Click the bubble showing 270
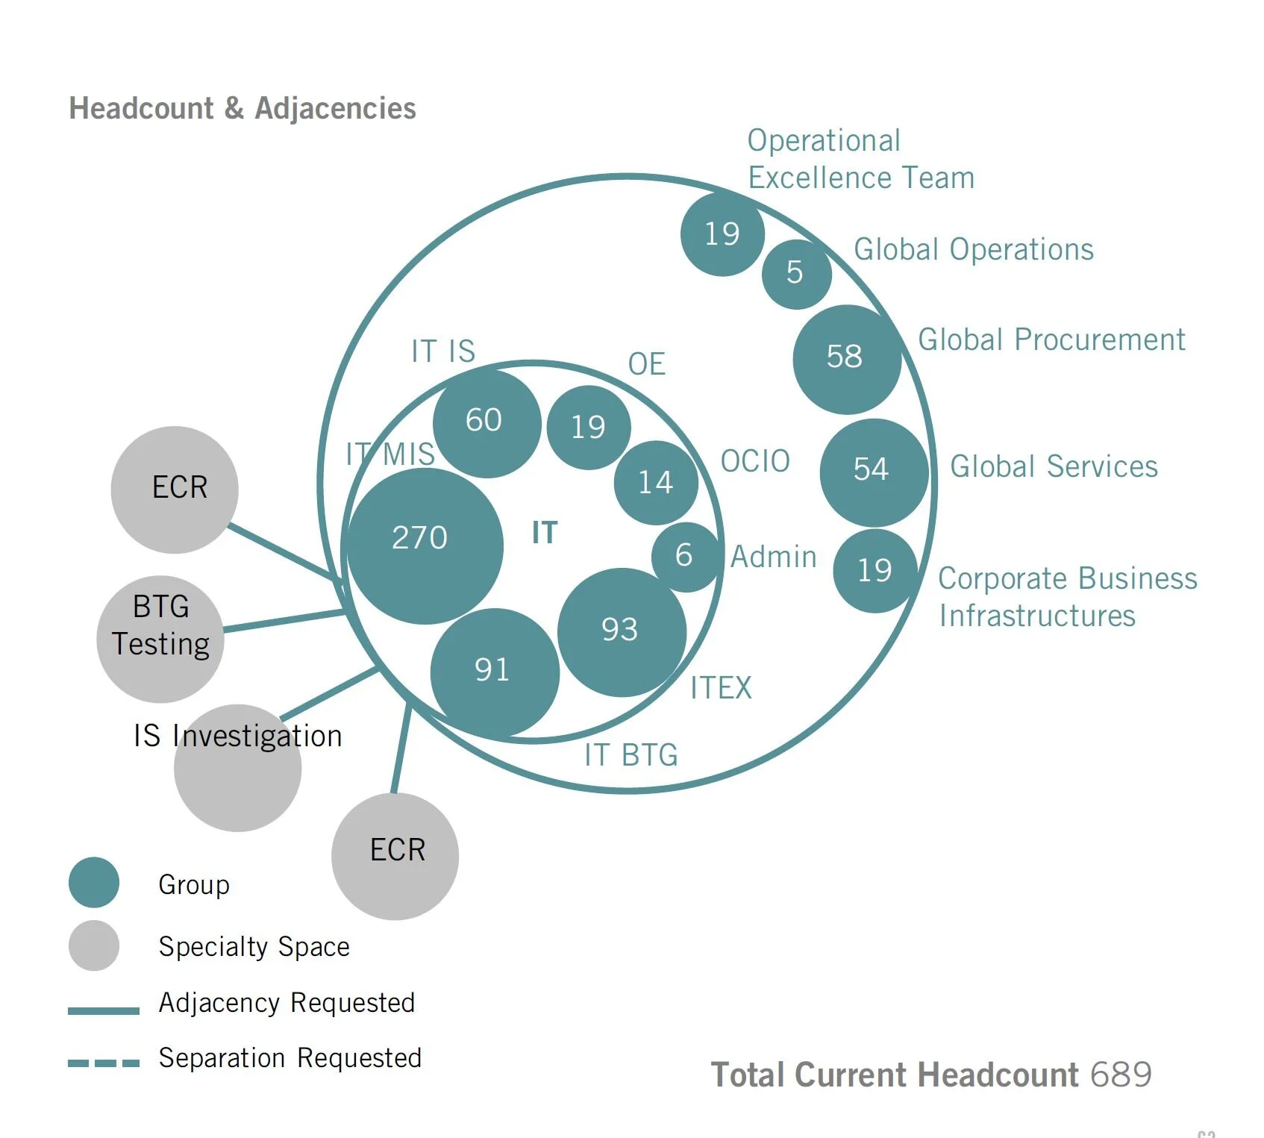pyautogui.click(x=425, y=545)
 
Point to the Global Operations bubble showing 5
pyautogui.click(x=796, y=274)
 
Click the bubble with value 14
pyautogui.click(x=656, y=483)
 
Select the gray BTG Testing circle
pyautogui.click(x=160, y=639)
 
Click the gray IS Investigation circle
pyautogui.click(x=237, y=769)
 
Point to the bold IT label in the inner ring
pyautogui.click(x=545, y=533)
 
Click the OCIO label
pyautogui.click(x=755, y=461)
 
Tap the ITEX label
pyautogui.click(x=721, y=688)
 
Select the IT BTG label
pyautogui.click(x=631, y=755)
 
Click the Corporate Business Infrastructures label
pyautogui.click(x=1067, y=597)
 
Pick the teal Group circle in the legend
pyautogui.click(x=94, y=882)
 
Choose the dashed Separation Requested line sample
pyautogui.click(x=104, y=1063)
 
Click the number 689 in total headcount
pyautogui.click(x=1121, y=1075)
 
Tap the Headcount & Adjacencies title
pyautogui.click(x=243, y=109)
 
